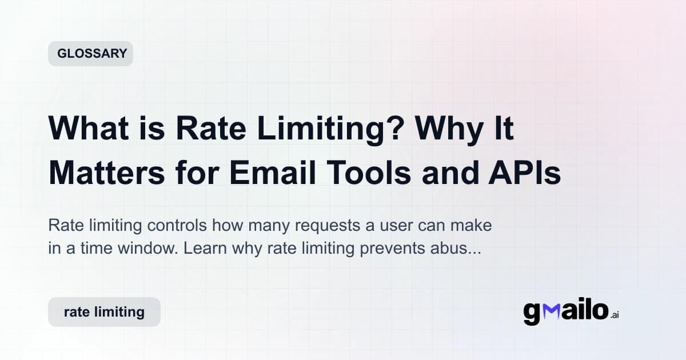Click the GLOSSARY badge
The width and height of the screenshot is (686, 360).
pos(90,54)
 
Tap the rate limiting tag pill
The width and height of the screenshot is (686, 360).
pos(104,312)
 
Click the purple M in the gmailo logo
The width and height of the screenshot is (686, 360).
pos(552,312)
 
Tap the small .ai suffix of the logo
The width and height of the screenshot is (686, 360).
pos(614,315)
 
